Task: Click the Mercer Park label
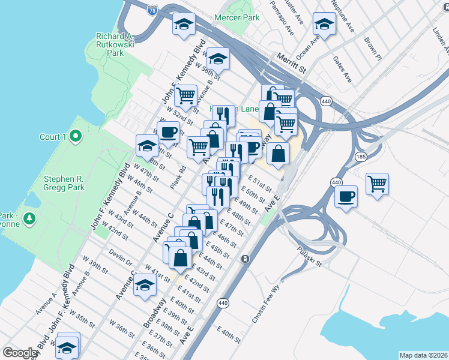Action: [x=238, y=17]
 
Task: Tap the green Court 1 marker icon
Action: [x=75, y=137]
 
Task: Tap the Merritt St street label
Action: [x=292, y=62]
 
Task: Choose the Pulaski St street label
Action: [x=309, y=256]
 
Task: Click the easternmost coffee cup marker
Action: [x=346, y=197]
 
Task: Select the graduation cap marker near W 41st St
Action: [x=145, y=286]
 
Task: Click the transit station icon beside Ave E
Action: [x=245, y=259]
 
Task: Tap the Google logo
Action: [x=20, y=353]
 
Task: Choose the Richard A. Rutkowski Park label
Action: [x=118, y=44]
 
